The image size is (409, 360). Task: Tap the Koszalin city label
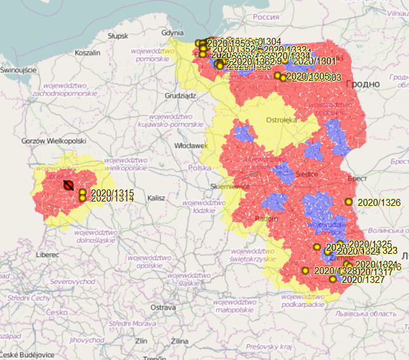(88, 53)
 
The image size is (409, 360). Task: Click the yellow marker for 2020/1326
(348, 201)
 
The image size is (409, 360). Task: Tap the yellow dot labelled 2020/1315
(82, 191)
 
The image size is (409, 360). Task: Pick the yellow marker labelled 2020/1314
(82, 198)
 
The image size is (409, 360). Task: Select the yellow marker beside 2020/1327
(333, 279)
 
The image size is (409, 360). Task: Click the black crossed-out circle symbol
(68, 185)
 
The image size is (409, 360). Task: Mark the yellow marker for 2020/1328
(305, 270)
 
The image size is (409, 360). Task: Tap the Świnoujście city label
(19, 70)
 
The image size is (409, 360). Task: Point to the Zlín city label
(141, 341)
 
